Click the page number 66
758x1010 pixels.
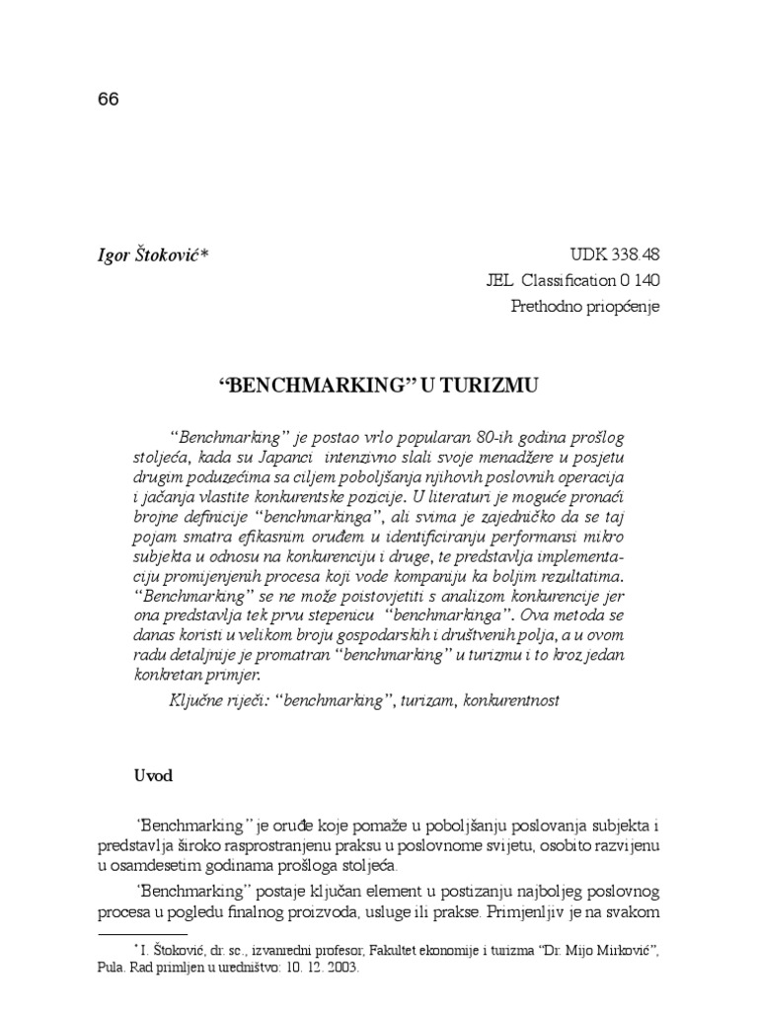click(109, 101)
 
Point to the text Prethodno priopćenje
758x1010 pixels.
click(586, 306)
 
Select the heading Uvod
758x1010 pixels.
click(153, 775)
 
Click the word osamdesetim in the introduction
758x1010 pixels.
click(161, 865)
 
